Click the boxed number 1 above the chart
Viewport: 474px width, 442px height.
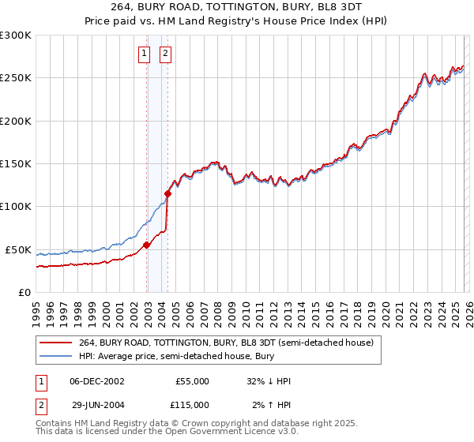tap(145, 54)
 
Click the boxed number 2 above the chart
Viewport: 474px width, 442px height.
tap(166, 54)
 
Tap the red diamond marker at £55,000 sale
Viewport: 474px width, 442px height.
tap(147, 245)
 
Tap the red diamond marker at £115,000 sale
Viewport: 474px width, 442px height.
tap(168, 193)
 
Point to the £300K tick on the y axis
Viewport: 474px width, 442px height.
tap(16, 36)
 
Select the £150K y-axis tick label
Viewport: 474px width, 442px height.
tap(16, 164)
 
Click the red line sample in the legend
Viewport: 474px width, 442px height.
tap(56, 343)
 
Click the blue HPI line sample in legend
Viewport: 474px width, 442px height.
tap(56, 355)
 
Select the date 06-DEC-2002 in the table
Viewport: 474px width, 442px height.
tap(97, 381)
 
